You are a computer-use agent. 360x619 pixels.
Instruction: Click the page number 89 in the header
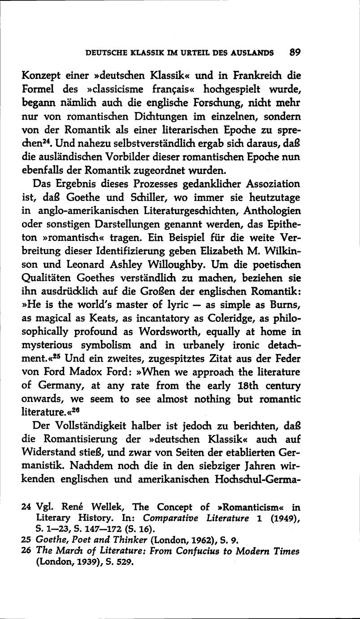click(x=295, y=52)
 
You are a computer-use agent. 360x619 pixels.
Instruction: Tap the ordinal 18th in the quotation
click(x=243, y=385)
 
